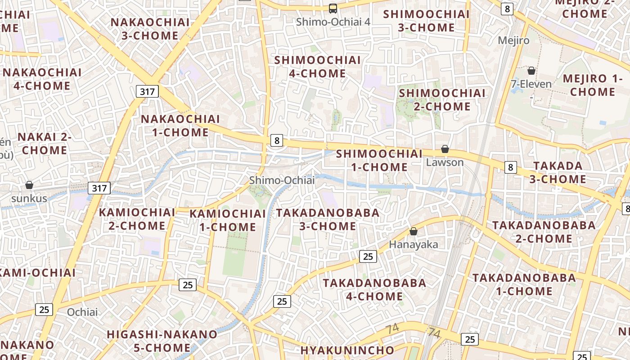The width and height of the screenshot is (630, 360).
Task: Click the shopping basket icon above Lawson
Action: pyautogui.click(x=445, y=149)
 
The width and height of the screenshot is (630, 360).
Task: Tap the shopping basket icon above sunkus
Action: pyautogui.click(x=29, y=185)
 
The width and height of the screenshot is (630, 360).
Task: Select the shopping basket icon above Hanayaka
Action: pyautogui.click(x=414, y=231)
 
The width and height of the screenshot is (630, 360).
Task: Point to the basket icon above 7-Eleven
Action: pyautogui.click(x=531, y=71)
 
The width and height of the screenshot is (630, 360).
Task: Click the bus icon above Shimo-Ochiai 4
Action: pyautogui.click(x=333, y=8)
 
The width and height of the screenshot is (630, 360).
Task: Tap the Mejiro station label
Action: pyautogui.click(x=513, y=40)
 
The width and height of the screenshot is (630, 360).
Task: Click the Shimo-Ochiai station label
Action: pyautogui.click(x=282, y=180)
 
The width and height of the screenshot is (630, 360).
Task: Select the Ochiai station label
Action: pyautogui.click(x=82, y=312)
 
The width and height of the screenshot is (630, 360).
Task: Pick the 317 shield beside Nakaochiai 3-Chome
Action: pyautogui.click(x=147, y=92)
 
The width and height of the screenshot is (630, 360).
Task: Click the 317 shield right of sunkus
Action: pyautogui.click(x=99, y=188)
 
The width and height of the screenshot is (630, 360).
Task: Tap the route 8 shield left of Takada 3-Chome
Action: pyautogui.click(x=510, y=167)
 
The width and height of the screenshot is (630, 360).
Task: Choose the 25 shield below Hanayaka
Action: pyautogui.click(x=368, y=256)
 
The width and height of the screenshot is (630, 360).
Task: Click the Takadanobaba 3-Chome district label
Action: pyautogui.click(x=328, y=219)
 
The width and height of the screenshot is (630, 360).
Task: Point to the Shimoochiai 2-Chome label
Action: pyautogui.click(x=442, y=100)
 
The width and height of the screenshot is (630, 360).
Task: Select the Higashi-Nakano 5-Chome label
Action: pyautogui.click(x=162, y=341)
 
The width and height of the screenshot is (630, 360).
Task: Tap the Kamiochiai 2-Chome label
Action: pyautogui.click(x=137, y=219)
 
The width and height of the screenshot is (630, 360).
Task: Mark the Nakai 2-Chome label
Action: pyautogui.click(x=44, y=144)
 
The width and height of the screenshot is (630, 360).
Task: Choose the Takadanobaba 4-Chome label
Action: pyautogui.click(x=374, y=289)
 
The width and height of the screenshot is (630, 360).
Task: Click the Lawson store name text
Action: pyautogui.click(x=445, y=162)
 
